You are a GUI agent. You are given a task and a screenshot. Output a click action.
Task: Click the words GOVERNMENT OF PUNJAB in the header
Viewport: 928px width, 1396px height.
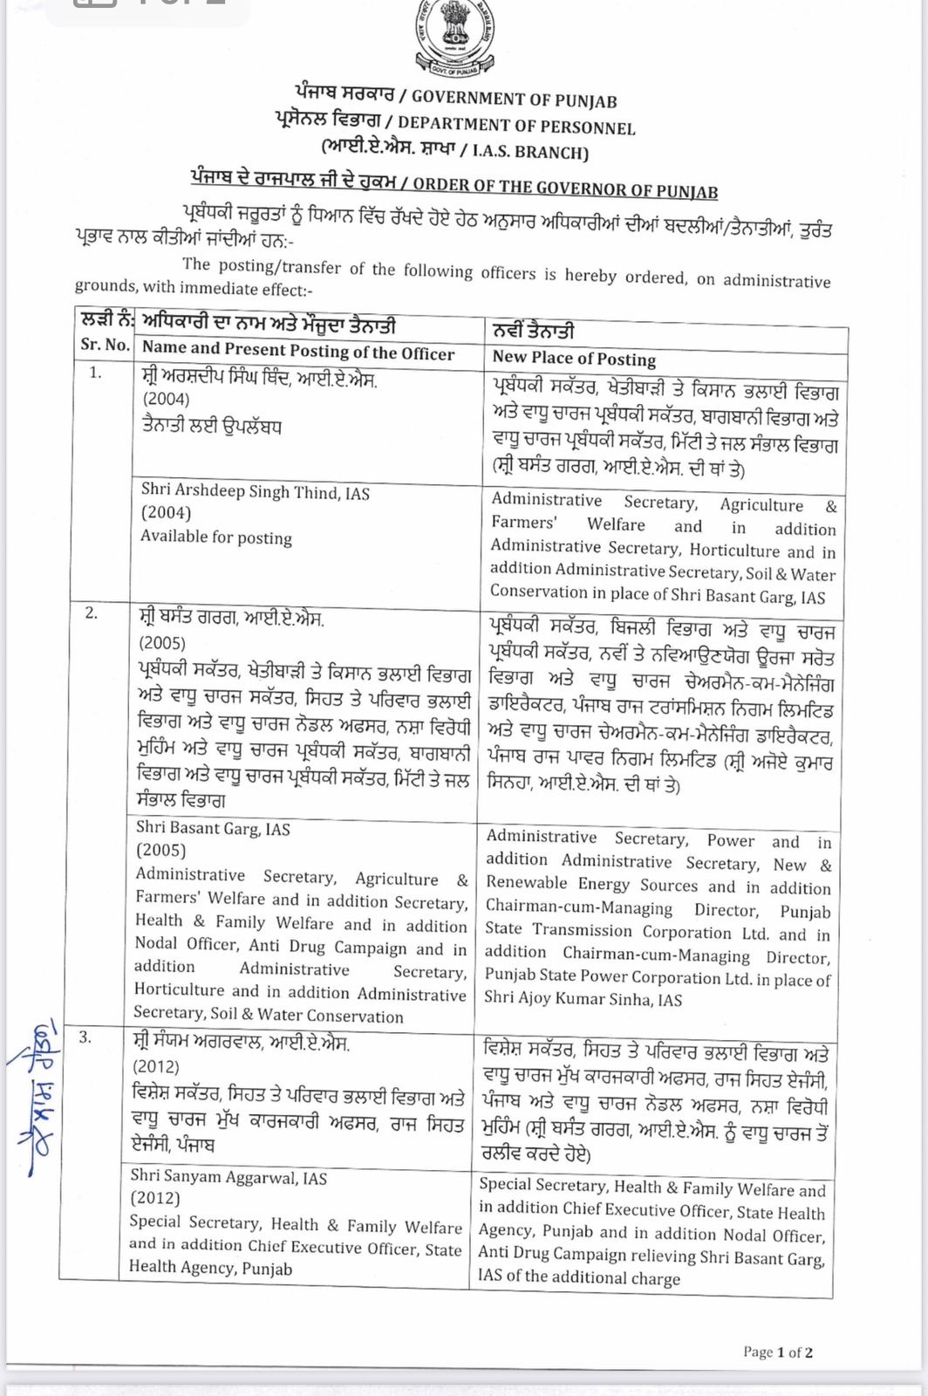(x=514, y=99)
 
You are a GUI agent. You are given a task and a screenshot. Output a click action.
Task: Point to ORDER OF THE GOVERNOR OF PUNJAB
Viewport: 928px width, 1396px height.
(x=565, y=187)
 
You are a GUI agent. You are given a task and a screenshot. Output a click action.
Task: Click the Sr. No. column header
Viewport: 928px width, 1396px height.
(x=105, y=345)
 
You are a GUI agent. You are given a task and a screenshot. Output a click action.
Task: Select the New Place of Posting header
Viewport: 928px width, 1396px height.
(x=574, y=358)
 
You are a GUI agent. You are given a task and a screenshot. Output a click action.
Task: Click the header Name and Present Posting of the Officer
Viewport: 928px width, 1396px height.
(x=298, y=351)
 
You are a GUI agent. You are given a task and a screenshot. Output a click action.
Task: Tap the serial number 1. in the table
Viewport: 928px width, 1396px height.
(x=95, y=373)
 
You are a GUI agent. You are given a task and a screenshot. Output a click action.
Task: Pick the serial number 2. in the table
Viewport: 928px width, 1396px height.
(x=91, y=613)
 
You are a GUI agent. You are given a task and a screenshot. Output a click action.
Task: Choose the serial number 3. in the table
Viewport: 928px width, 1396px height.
(x=85, y=1037)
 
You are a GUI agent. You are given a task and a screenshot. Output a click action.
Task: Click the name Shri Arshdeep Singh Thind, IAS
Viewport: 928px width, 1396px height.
(x=255, y=492)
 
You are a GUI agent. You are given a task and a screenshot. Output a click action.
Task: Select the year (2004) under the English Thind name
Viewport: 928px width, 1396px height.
(x=166, y=513)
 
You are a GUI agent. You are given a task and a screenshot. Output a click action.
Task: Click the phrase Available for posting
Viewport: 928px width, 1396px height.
(x=216, y=537)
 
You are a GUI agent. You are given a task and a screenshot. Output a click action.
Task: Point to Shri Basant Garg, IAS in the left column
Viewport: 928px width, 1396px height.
(x=213, y=829)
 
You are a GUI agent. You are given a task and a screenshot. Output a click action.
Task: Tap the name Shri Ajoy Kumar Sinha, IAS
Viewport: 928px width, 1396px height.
(x=583, y=1000)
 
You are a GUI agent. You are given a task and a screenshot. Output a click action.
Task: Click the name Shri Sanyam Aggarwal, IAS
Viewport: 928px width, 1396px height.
(x=229, y=1178)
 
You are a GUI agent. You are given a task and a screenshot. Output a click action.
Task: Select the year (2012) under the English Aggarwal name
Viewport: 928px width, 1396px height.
(x=154, y=1199)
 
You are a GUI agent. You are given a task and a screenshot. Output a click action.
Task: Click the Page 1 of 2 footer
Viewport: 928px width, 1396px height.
(x=778, y=1352)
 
